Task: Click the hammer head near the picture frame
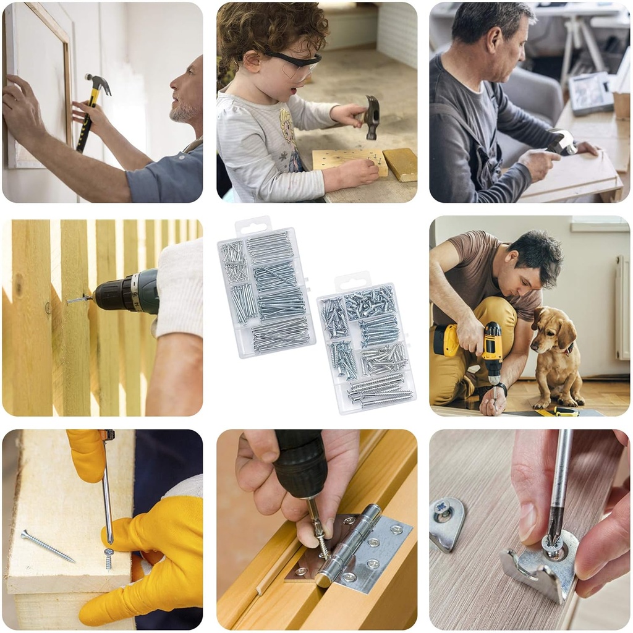99,83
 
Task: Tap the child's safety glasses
297,64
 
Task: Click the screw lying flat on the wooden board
48,546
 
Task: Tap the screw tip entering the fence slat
69,301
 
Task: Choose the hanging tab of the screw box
352,281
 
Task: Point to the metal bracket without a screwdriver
446,522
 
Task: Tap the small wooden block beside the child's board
400,164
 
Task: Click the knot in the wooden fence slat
18,286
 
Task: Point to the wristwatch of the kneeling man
503,389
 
